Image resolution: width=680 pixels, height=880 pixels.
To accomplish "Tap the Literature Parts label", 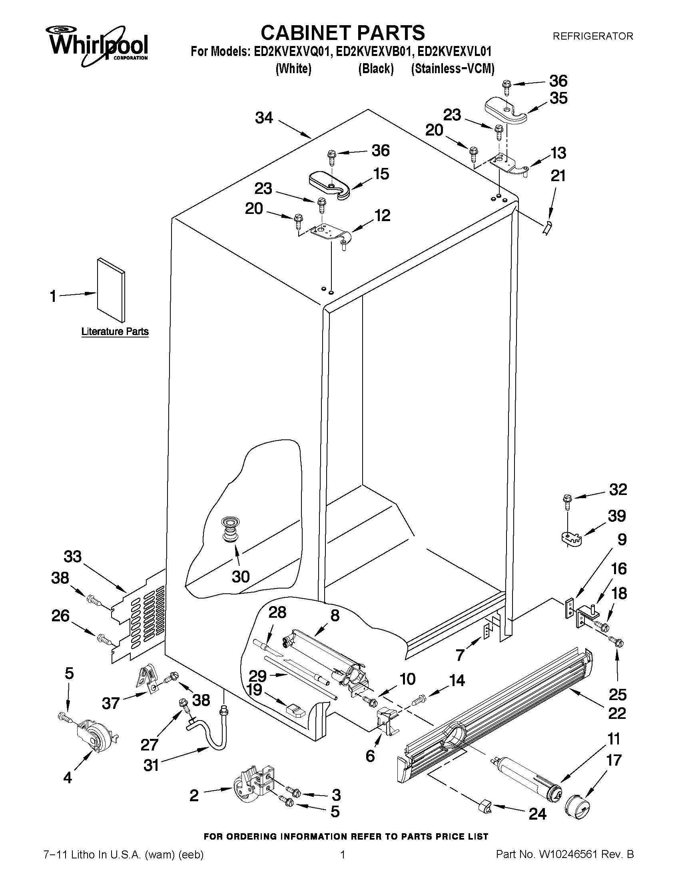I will pos(115,331).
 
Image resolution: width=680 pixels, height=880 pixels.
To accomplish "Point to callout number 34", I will pos(264,118).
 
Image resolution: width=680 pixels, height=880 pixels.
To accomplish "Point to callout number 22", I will pos(616,713).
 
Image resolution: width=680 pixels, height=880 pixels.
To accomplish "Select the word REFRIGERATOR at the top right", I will pos(592,36).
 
